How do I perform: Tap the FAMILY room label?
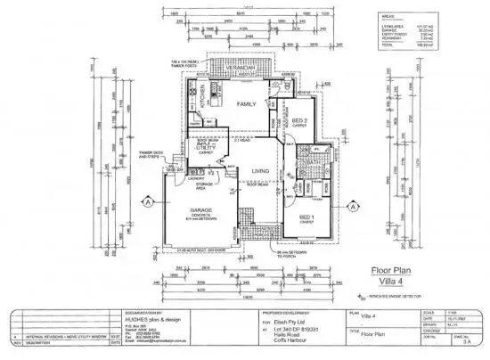[246, 104]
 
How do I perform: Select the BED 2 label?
[299, 120]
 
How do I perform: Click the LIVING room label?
[261, 171]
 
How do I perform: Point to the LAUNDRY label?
[196, 178]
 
